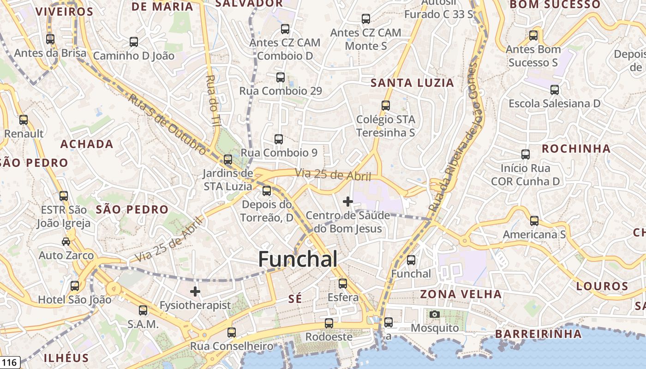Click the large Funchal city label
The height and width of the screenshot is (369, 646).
298,259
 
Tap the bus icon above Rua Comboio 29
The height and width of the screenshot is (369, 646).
281,77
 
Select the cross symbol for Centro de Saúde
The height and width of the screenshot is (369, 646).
348,202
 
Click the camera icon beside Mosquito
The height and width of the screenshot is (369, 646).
434,315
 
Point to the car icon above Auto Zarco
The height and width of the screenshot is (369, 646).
66,242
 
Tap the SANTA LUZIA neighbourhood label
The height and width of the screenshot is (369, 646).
413,83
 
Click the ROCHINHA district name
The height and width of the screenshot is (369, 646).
576,149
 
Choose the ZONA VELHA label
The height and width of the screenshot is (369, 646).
461,294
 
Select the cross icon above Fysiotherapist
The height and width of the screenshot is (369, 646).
195,292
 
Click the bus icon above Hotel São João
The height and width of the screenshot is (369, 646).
75,286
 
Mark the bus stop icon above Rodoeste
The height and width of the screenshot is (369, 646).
329,323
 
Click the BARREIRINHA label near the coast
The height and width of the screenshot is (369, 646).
538,333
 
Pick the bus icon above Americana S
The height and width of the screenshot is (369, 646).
534,221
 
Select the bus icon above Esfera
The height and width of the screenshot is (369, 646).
343,284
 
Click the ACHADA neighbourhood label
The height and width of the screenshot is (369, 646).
87,144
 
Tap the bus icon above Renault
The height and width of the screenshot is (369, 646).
24,120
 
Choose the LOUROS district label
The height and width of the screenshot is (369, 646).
602,286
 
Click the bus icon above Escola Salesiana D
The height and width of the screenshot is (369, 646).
555,90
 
